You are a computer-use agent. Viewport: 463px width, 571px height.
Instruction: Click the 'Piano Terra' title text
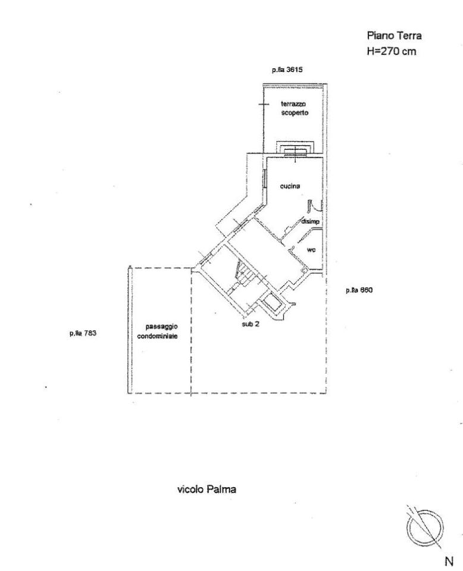tap(394, 36)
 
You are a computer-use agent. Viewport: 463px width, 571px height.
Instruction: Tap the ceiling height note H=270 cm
tap(391, 51)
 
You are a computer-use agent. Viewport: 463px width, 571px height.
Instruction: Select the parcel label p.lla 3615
tap(287, 70)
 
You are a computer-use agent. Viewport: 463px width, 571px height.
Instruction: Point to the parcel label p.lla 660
tap(359, 290)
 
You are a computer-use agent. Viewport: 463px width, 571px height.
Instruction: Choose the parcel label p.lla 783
tap(83, 333)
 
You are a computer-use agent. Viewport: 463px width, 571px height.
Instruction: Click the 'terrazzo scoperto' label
tap(295, 108)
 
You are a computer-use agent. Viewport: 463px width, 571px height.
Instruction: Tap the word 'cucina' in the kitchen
tap(290, 186)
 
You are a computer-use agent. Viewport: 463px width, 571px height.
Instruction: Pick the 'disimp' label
tap(310, 221)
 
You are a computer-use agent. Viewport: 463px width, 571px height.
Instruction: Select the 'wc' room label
tap(311, 250)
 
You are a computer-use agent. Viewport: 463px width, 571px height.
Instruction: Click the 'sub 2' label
tap(251, 324)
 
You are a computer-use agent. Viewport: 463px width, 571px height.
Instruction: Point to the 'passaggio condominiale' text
tap(157, 331)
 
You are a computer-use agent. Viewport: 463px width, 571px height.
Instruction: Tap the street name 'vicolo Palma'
tap(207, 489)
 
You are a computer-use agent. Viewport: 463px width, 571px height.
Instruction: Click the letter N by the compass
tap(449, 561)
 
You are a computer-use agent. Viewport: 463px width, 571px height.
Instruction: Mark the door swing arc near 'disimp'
tap(315, 206)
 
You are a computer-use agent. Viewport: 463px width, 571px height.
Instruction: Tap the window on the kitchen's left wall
tap(264, 179)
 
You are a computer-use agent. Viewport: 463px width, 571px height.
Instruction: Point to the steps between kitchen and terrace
tap(295, 148)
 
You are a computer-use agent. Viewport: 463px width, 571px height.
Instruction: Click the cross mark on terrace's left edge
tap(264, 105)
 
